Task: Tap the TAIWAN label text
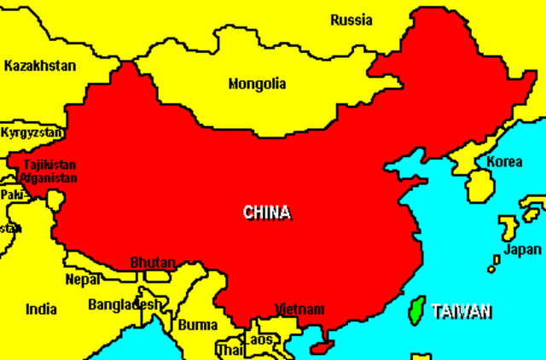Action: tap(462, 311)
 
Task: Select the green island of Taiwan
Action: tap(416, 310)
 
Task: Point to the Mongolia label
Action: tap(257, 84)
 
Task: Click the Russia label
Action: tap(351, 20)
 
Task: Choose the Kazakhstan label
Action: tap(39, 66)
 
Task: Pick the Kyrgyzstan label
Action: tap(32, 133)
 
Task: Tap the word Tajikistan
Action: tap(49, 165)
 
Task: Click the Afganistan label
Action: tap(49, 178)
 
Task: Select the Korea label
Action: tap(505, 161)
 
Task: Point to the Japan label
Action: tap(522, 250)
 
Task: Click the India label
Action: tap(41, 310)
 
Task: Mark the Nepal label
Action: tap(83, 279)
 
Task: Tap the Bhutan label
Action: tap(153, 262)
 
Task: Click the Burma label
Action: tap(198, 325)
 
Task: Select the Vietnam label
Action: tap(299, 309)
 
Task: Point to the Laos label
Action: tap(259, 340)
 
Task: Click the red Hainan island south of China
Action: tap(321, 348)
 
